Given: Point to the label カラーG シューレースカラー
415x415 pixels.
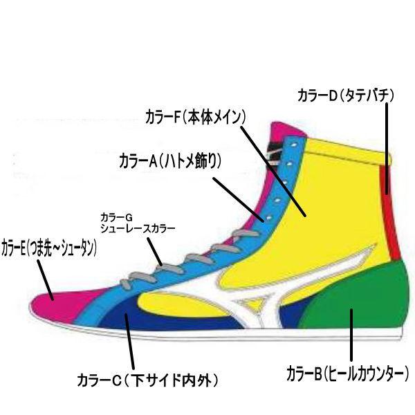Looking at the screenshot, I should tap(138, 222).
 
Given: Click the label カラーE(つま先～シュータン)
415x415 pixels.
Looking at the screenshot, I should tap(48, 247).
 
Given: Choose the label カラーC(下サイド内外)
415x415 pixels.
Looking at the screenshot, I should tap(147, 379).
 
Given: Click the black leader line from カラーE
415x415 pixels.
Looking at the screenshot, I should tap(44, 277).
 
